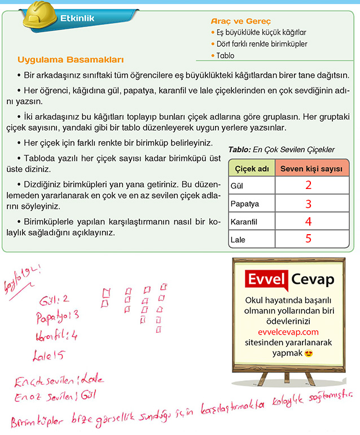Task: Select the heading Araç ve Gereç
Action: (240, 21)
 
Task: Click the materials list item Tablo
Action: (225, 55)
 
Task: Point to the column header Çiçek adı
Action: (250, 168)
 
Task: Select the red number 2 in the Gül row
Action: (308, 185)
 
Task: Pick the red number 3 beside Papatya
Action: (308, 204)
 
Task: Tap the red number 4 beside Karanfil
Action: (308, 222)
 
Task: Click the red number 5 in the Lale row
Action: (308, 239)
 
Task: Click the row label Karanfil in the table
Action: (244, 222)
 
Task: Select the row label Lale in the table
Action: (238, 240)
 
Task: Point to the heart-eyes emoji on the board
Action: (308, 354)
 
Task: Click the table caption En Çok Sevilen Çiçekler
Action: (282, 150)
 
